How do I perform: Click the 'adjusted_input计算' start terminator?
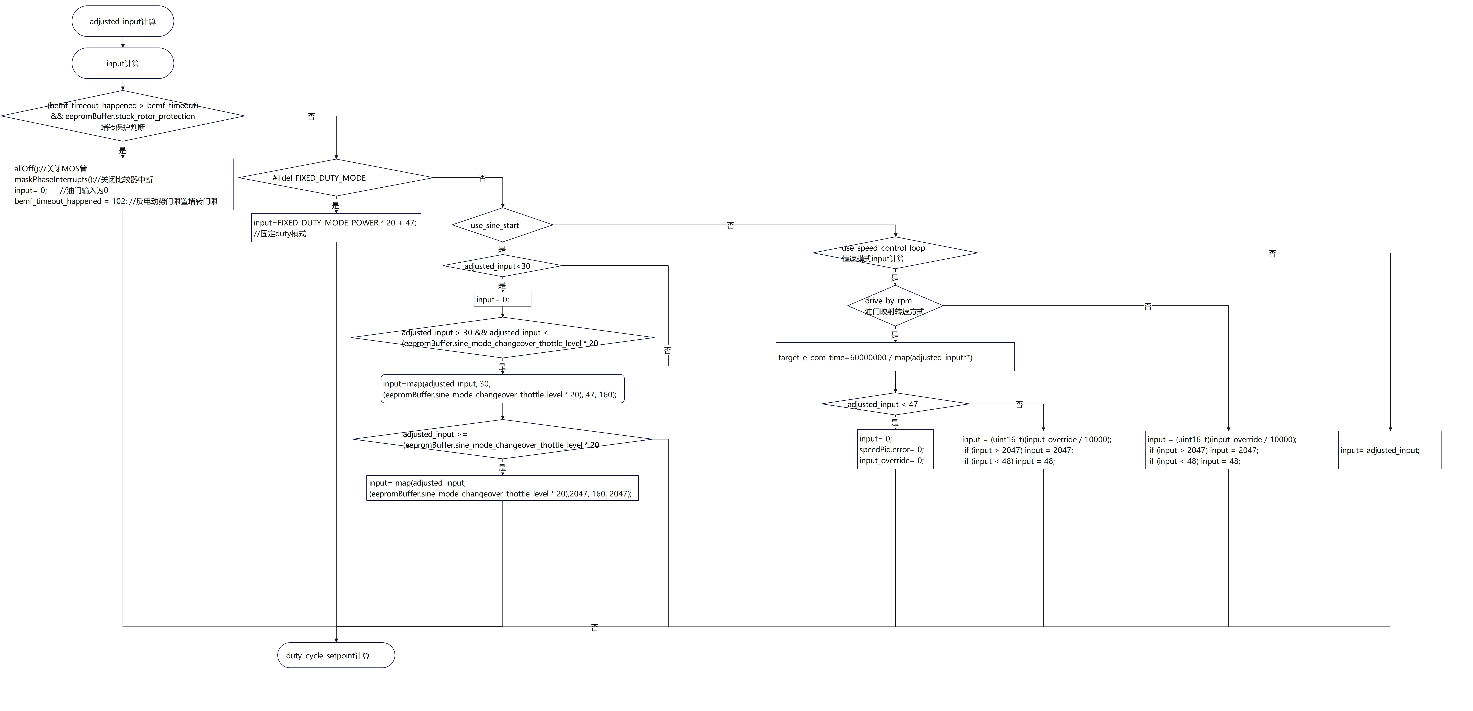point(122,21)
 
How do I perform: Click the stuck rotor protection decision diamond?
point(122,116)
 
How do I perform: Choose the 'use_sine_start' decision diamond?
point(502,225)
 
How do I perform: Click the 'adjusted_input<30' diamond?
point(502,266)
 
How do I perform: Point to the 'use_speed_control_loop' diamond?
point(895,253)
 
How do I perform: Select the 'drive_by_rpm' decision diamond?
point(895,306)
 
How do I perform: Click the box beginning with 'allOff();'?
point(122,184)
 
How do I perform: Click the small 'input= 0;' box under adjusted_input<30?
point(502,299)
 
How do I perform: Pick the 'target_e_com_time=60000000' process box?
point(895,357)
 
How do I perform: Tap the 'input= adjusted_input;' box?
point(1390,450)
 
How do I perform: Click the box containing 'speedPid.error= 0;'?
point(895,450)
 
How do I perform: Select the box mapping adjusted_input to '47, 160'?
point(502,389)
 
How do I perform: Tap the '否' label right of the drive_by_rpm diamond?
point(1148,307)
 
